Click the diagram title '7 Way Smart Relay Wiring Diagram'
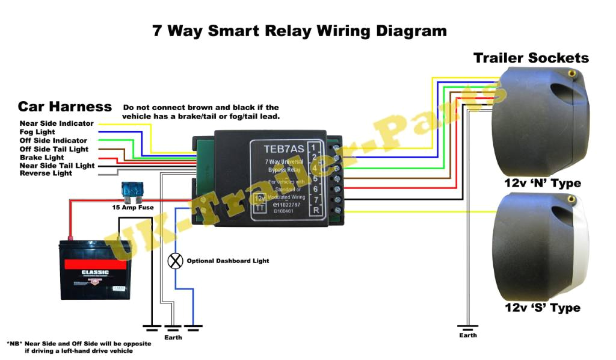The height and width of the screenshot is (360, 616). tap(299, 31)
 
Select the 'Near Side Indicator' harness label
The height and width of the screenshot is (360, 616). tap(57, 123)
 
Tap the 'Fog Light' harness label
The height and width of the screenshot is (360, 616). tap(37, 132)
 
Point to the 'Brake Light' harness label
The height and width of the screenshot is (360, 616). tap(42, 157)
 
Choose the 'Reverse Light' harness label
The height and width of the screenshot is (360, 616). tap(46, 173)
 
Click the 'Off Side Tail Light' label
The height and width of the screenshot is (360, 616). tap(54, 149)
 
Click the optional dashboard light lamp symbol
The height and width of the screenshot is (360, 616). tap(176, 261)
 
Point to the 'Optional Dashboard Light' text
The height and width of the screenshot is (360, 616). tap(228, 261)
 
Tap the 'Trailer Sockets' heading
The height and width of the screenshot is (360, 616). tap(531, 58)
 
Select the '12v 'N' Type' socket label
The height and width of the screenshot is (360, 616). tap(543, 183)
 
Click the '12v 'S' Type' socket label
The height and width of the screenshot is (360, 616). tap(543, 308)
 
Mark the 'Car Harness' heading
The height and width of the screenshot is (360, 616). tap(64, 107)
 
